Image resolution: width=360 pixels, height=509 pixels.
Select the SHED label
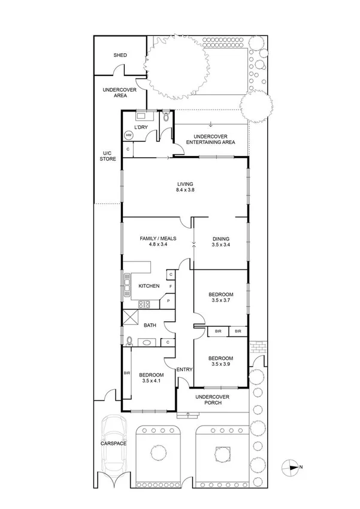click(x=120, y=56)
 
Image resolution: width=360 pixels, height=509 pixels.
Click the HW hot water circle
click(x=128, y=136)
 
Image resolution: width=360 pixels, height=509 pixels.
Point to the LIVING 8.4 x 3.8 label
click(x=185, y=186)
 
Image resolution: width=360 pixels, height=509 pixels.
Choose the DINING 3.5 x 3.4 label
click(x=220, y=242)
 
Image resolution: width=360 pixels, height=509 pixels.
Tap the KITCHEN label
click(x=149, y=286)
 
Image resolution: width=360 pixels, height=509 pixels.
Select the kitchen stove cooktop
click(x=144, y=304)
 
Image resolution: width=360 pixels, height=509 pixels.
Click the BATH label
click(x=150, y=326)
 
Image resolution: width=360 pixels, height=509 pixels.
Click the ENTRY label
click(x=184, y=369)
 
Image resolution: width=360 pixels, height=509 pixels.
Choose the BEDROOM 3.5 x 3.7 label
click(x=220, y=297)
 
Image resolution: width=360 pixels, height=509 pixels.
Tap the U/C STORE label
click(x=108, y=156)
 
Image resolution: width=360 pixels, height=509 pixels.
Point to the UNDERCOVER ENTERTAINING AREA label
click(x=210, y=139)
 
